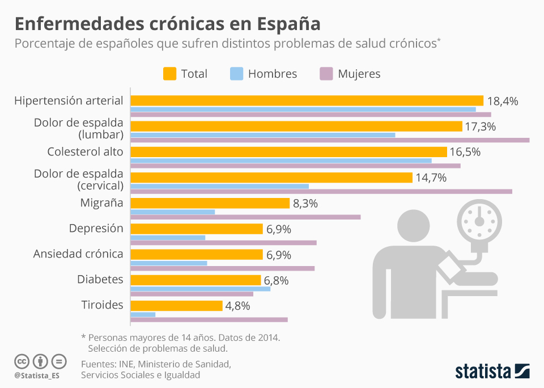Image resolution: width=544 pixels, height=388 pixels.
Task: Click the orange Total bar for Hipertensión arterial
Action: tap(307, 100)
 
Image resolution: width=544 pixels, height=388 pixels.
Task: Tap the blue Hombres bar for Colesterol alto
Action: tap(281, 161)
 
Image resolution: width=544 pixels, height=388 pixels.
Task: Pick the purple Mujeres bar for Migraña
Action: tap(245, 217)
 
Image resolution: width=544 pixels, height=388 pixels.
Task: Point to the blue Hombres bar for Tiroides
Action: tap(143, 314)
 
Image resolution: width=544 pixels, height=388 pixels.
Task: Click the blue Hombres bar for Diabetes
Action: tap(200, 289)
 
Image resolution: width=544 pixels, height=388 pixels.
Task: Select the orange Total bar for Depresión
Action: tap(197, 229)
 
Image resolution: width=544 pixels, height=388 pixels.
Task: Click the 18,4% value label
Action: tap(503, 101)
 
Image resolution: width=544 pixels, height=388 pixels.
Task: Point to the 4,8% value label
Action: tap(237, 306)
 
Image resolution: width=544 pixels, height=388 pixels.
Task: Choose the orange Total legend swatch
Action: tap(169, 74)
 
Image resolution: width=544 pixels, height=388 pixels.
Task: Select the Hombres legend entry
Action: tap(263, 74)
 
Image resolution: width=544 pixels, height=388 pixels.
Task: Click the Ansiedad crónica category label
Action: tap(78, 254)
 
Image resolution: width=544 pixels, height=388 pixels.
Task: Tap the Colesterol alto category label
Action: tap(85, 152)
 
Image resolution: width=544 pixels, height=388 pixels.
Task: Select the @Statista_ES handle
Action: tap(37, 376)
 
